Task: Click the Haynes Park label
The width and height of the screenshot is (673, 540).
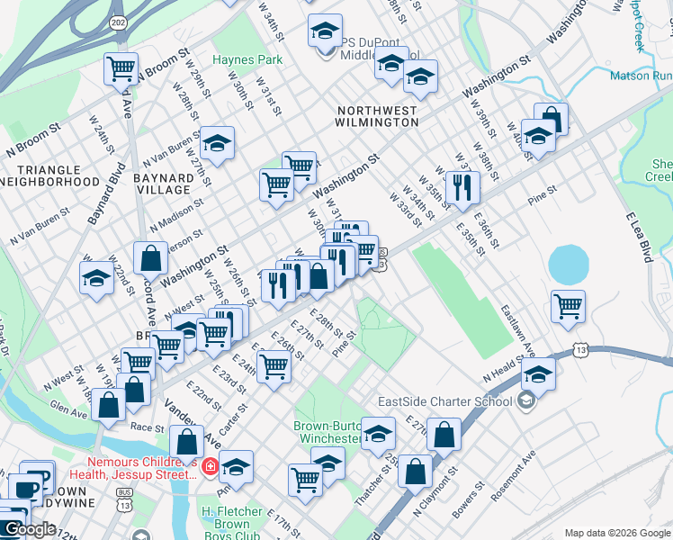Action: pyautogui.click(x=247, y=60)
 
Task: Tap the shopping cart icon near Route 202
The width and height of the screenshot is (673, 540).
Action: pyautogui.click(x=121, y=68)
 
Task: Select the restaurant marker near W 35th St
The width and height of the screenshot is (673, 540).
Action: pyautogui.click(x=462, y=186)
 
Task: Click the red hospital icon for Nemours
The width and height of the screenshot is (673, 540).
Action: pyautogui.click(x=209, y=465)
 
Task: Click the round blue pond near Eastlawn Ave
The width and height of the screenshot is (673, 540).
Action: pyautogui.click(x=566, y=264)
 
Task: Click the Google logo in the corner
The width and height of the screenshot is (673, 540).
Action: pyautogui.click(x=30, y=529)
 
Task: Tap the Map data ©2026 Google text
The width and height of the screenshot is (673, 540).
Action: pyautogui.click(x=616, y=533)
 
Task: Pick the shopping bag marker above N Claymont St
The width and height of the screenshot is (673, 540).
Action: pyautogui.click(x=415, y=472)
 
